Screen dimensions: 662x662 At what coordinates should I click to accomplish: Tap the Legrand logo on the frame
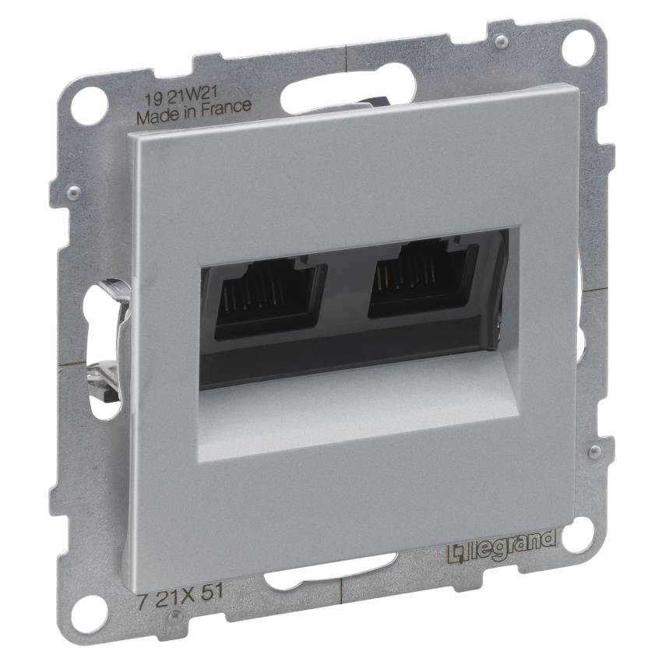502,547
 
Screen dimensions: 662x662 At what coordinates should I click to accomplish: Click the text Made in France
194,112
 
